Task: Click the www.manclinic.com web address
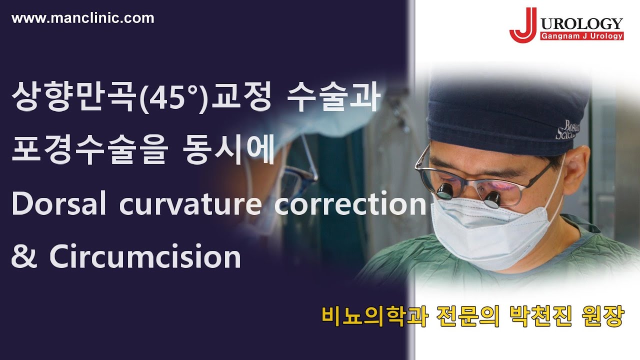(x=82, y=18)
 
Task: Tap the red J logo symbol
(x=522, y=25)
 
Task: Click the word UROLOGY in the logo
(x=581, y=23)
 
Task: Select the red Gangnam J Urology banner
(x=581, y=36)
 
